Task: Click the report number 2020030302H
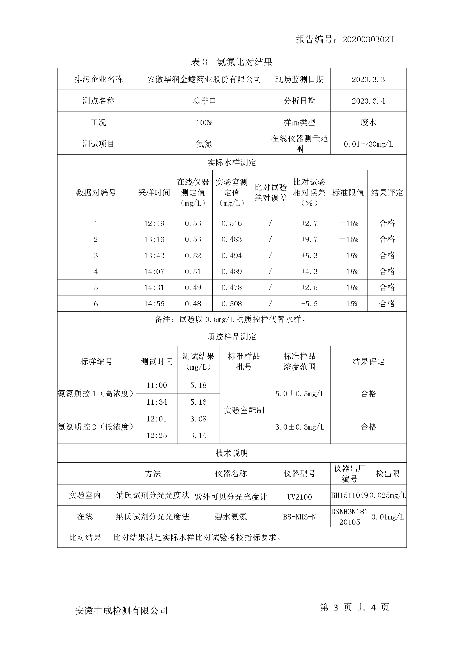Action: coord(368,39)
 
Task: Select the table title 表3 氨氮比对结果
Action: coord(231,62)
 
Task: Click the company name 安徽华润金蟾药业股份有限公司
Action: coord(204,79)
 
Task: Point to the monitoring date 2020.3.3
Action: coord(368,79)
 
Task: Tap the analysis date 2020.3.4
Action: coord(368,101)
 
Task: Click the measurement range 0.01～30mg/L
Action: coord(368,144)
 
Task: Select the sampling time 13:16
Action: coord(154,239)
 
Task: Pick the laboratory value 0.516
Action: coord(231,223)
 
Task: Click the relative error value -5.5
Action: coord(309,304)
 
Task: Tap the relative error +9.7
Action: coord(309,239)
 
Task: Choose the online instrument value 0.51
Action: coord(193,272)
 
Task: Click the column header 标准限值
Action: coord(348,193)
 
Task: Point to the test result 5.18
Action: coord(198,385)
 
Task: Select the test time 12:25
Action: coord(157,435)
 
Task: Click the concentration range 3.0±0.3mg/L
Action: coord(299,427)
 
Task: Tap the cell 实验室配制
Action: coord(244,410)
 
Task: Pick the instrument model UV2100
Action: coord(299,497)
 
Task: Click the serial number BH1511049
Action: coord(350,496)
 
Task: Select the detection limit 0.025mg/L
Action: coord(388,496)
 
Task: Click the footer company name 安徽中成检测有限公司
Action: coord(121,610)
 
